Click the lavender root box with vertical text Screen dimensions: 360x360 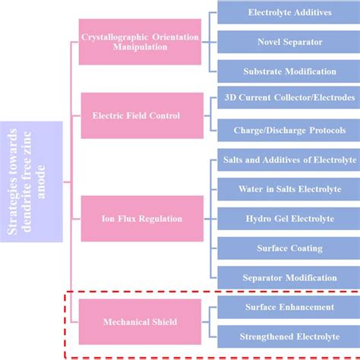pos(31,182)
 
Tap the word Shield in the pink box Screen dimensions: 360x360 pos(163,321)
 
